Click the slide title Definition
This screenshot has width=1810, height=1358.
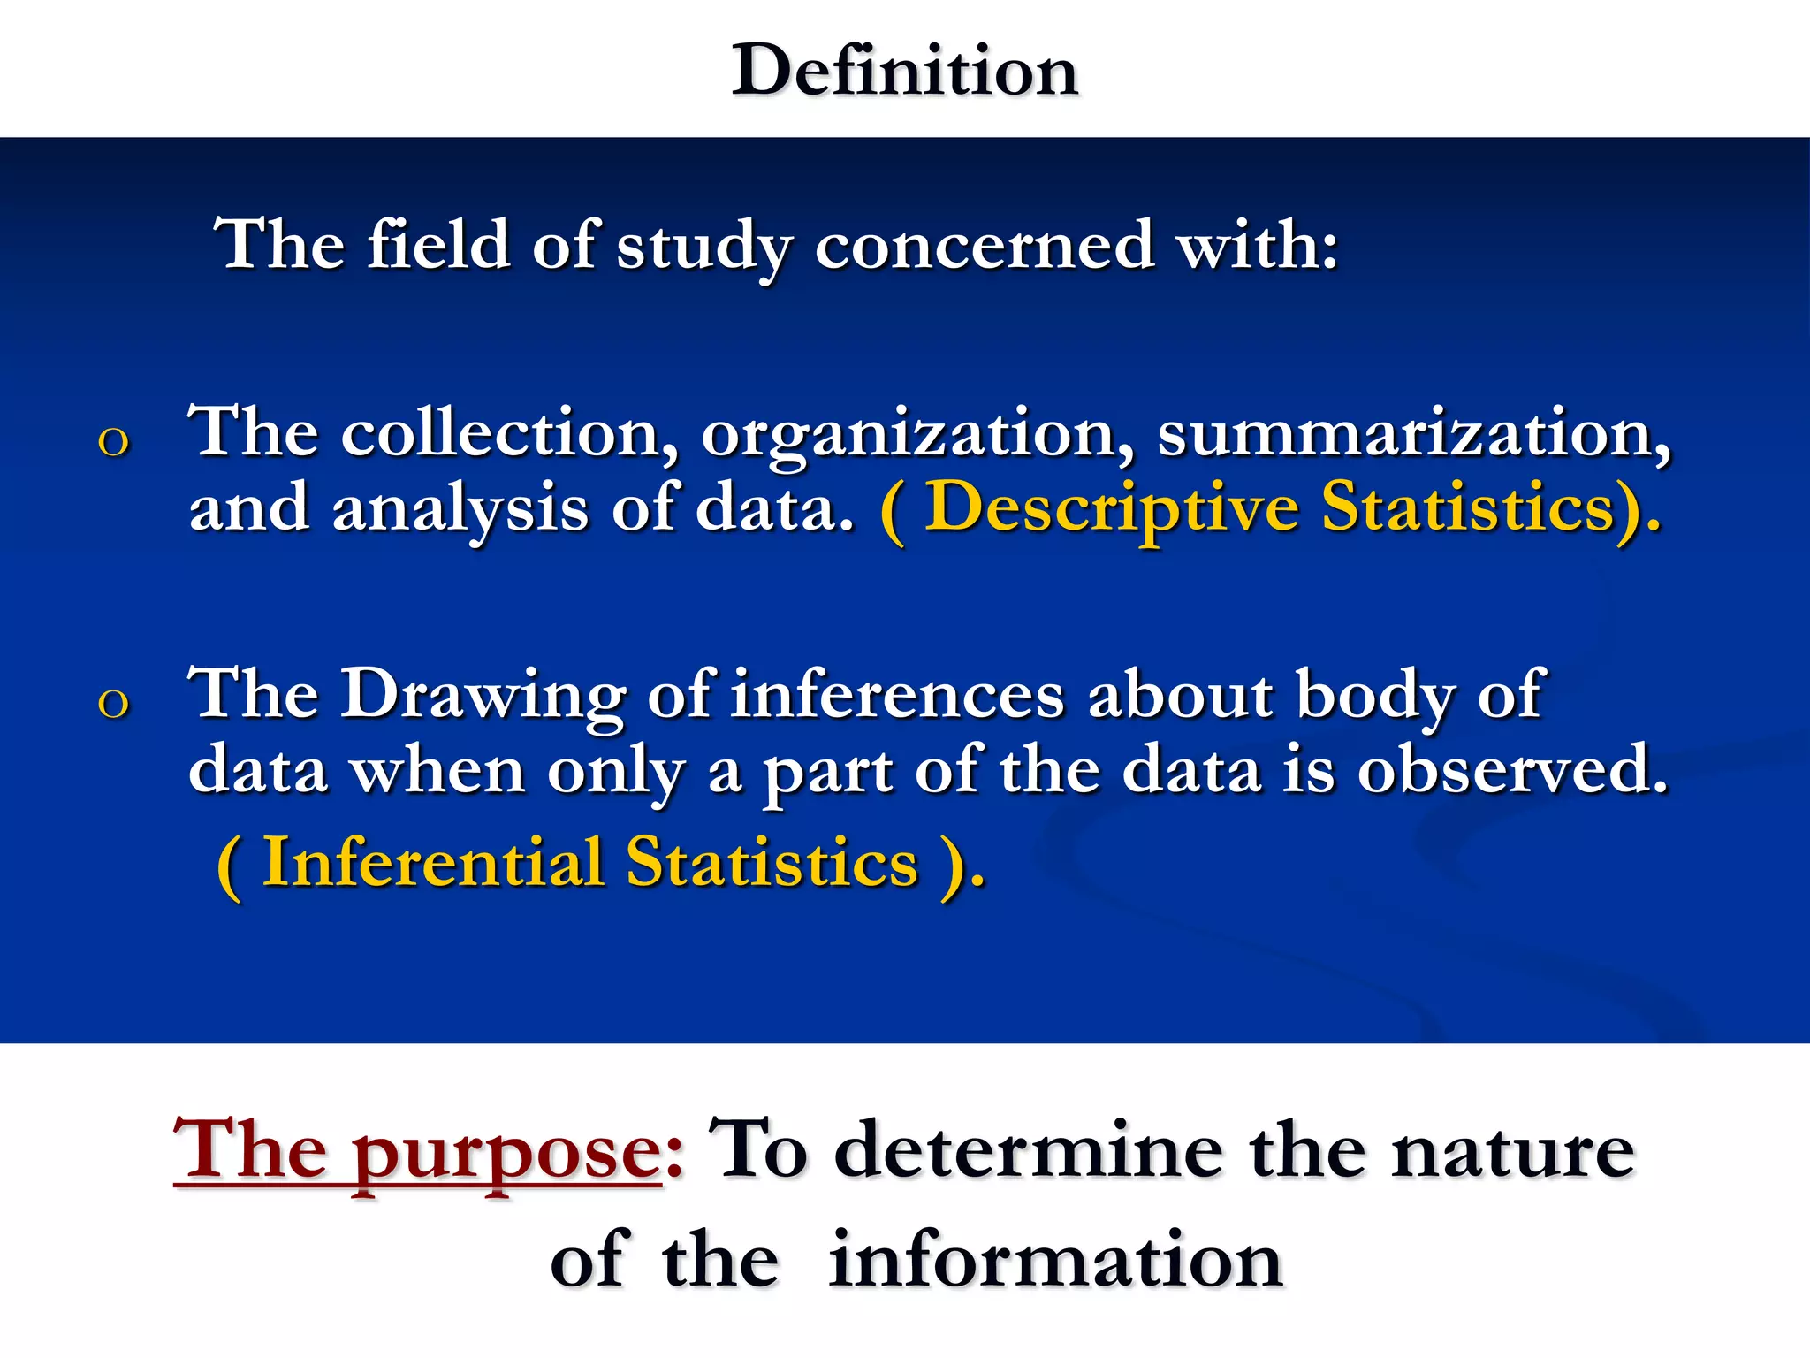tap(905, 71)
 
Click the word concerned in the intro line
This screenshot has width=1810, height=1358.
tap(984, 245)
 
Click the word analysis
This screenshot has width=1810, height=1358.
tap(460, 511)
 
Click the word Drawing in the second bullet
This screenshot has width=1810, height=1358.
tap(483, 695)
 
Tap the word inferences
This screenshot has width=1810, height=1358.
tap(898, 695)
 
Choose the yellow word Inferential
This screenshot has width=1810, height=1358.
tap(432, 863)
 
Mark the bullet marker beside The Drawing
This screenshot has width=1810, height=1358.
tap(113, 703)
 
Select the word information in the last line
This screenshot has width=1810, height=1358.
tap(1055, 1261)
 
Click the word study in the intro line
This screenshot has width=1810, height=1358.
tap(703, 247)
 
